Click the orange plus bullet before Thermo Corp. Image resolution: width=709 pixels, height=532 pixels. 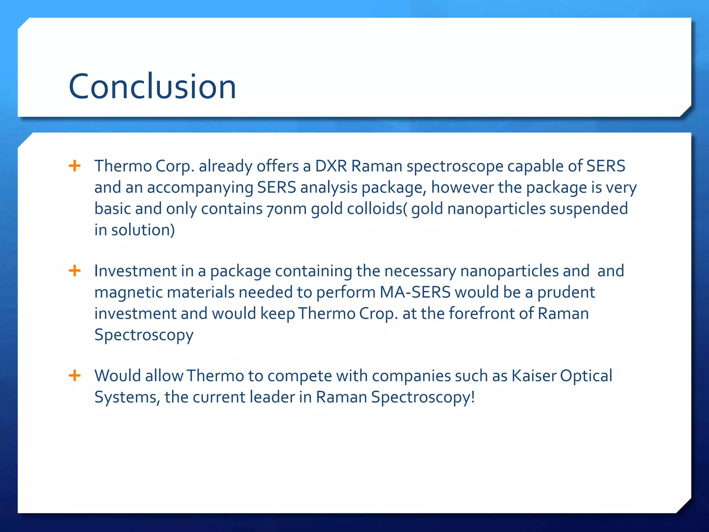click(75, 166)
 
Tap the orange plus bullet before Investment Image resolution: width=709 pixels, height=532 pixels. click(75, 271)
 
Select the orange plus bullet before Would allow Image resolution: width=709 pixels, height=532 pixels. click(75, 375)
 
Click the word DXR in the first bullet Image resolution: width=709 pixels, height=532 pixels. click(331, 166)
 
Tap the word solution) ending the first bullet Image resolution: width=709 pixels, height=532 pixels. click(143, 230)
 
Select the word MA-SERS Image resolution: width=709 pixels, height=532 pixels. click(415, 292)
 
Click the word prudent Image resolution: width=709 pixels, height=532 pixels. click(566, 292)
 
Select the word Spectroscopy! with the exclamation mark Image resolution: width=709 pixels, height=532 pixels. click(423, 397)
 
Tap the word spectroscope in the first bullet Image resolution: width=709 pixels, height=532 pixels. click(455, 166)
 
